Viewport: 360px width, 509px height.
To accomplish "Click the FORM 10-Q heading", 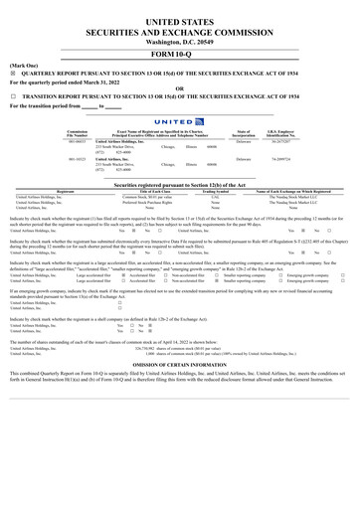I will tap(180, 56).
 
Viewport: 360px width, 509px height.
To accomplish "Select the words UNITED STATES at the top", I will tap(180, 20).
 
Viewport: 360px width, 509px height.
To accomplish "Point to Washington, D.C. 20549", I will tap(180, 43).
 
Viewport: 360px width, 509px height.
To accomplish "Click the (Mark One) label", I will tap(24, 65).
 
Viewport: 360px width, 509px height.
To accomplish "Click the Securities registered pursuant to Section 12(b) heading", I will tap(180, 185).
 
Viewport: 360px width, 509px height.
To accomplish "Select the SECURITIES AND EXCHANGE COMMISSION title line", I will tap(180, 32).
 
